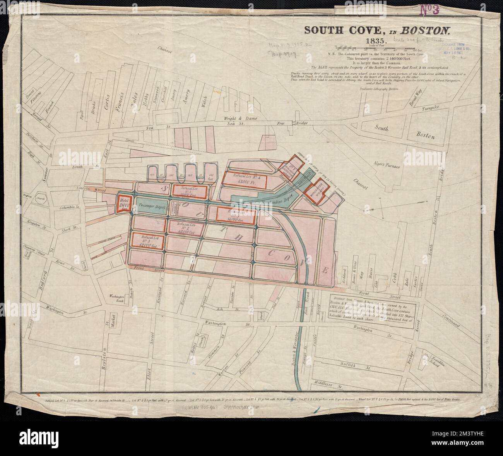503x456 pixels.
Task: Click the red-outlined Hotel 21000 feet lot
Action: tap(124, 203)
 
